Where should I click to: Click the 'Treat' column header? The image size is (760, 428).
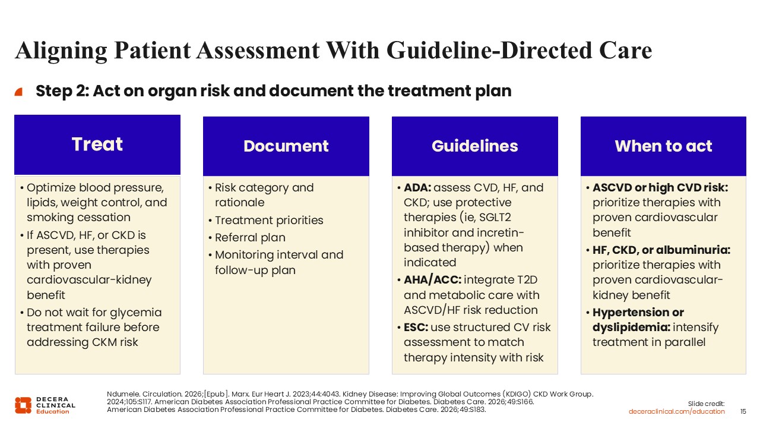(97, 144)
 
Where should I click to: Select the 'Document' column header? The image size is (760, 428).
(286, 146)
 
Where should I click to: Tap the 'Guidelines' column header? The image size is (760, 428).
(474, 146)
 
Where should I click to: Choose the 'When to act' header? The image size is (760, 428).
(663, 146)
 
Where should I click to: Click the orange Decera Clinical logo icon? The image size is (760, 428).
(23, 405)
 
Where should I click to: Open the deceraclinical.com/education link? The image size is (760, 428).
(676, 412)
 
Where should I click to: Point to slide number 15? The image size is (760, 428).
(743, 412)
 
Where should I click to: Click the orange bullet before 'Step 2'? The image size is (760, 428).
(18, 92)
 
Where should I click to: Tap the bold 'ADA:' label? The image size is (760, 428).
(417, 187)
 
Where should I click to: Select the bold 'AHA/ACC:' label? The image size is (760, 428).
(433, 280)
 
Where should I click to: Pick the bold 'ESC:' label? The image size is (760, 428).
(416, 328)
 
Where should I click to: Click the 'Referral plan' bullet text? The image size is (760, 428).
(250, 238)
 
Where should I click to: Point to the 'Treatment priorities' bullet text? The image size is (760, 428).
(269, 221)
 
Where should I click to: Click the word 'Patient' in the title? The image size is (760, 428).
(153, 51)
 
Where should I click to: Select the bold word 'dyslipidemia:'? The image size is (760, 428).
(631, 328)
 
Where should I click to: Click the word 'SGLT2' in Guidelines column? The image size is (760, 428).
(495, 218)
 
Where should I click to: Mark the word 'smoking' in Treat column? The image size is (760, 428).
(49, 218)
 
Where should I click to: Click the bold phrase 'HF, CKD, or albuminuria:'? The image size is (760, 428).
(661, 250)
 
